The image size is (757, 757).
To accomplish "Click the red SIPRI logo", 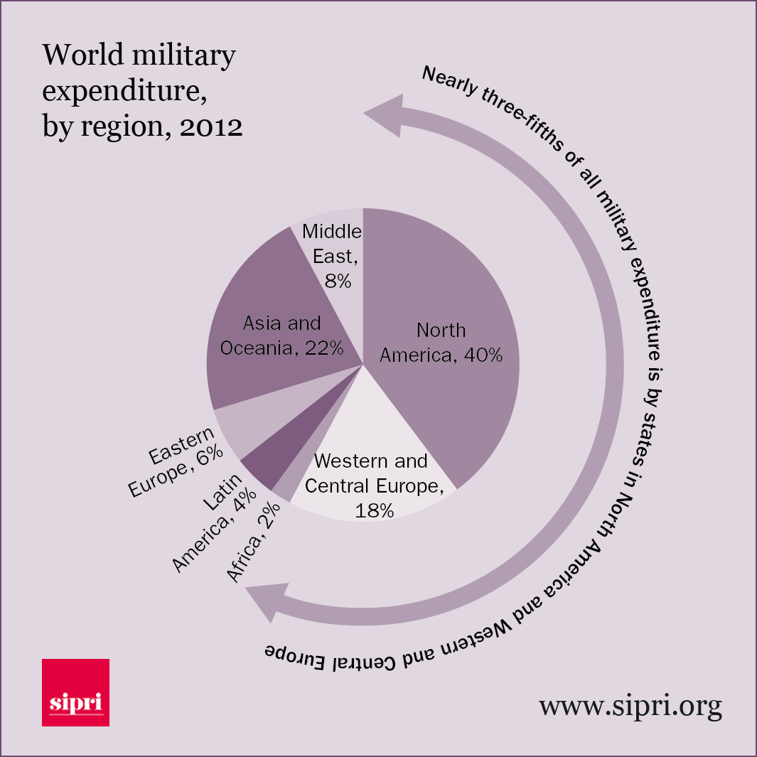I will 75,692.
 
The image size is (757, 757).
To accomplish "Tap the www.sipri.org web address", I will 630,706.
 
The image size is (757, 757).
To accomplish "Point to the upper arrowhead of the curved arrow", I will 384,115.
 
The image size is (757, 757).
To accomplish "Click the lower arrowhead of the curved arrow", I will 267,601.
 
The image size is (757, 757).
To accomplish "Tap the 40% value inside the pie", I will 483,354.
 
